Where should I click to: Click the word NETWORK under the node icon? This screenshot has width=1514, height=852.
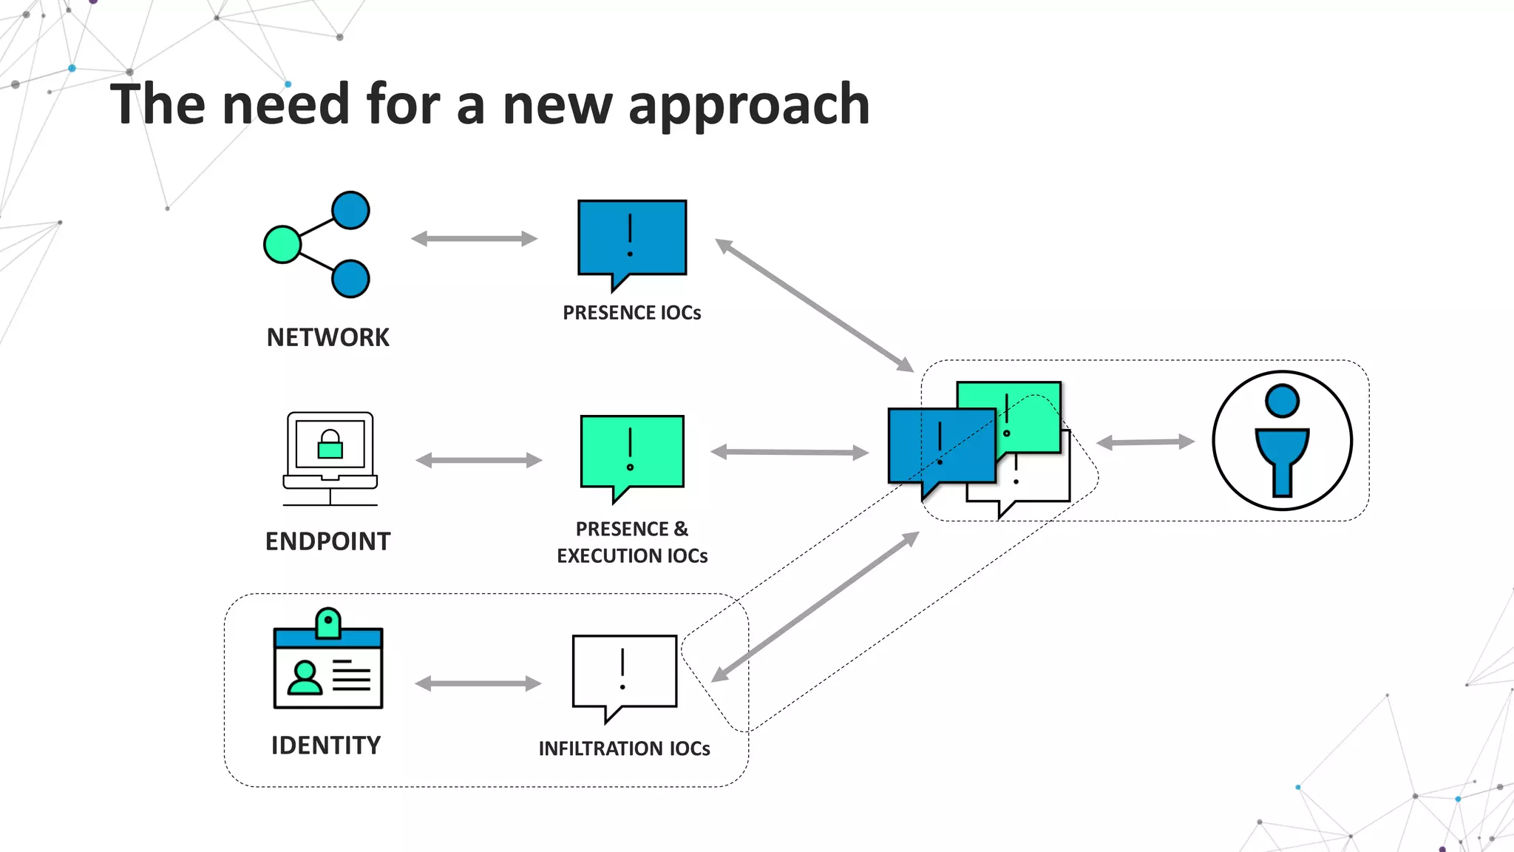(x=327, y=338)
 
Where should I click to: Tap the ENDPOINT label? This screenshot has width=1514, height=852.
(x=327, y=541)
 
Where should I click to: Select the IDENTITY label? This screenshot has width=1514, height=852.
(x=326, y=745)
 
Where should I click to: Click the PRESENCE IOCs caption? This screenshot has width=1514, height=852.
(x=631, y=313)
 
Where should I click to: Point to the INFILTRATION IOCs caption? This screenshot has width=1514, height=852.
(x=624, y=748)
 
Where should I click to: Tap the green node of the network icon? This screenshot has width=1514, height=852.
(x=282, y=245)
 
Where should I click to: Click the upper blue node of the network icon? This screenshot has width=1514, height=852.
(x=350, y=210)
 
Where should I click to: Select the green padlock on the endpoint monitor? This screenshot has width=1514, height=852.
(x=330, y=445)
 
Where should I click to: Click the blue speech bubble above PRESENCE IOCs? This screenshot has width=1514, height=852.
(x=632, y=237)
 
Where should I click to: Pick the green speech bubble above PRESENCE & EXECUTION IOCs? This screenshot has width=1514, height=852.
(x=632, y=451)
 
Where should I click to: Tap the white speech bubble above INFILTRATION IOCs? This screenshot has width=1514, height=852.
(x=624, y=670)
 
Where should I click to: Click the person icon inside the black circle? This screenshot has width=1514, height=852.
(x=1282, y=441)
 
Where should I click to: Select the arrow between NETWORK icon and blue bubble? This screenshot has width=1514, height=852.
(x=474, y=238)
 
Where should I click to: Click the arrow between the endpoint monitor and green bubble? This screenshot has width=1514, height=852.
(x=478, y=460)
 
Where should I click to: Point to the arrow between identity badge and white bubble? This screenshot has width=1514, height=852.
(x=478, y=683)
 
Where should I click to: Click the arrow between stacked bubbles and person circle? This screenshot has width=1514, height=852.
(x=1144, y=442)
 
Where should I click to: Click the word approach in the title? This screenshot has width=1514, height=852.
(x=749, y=104)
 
